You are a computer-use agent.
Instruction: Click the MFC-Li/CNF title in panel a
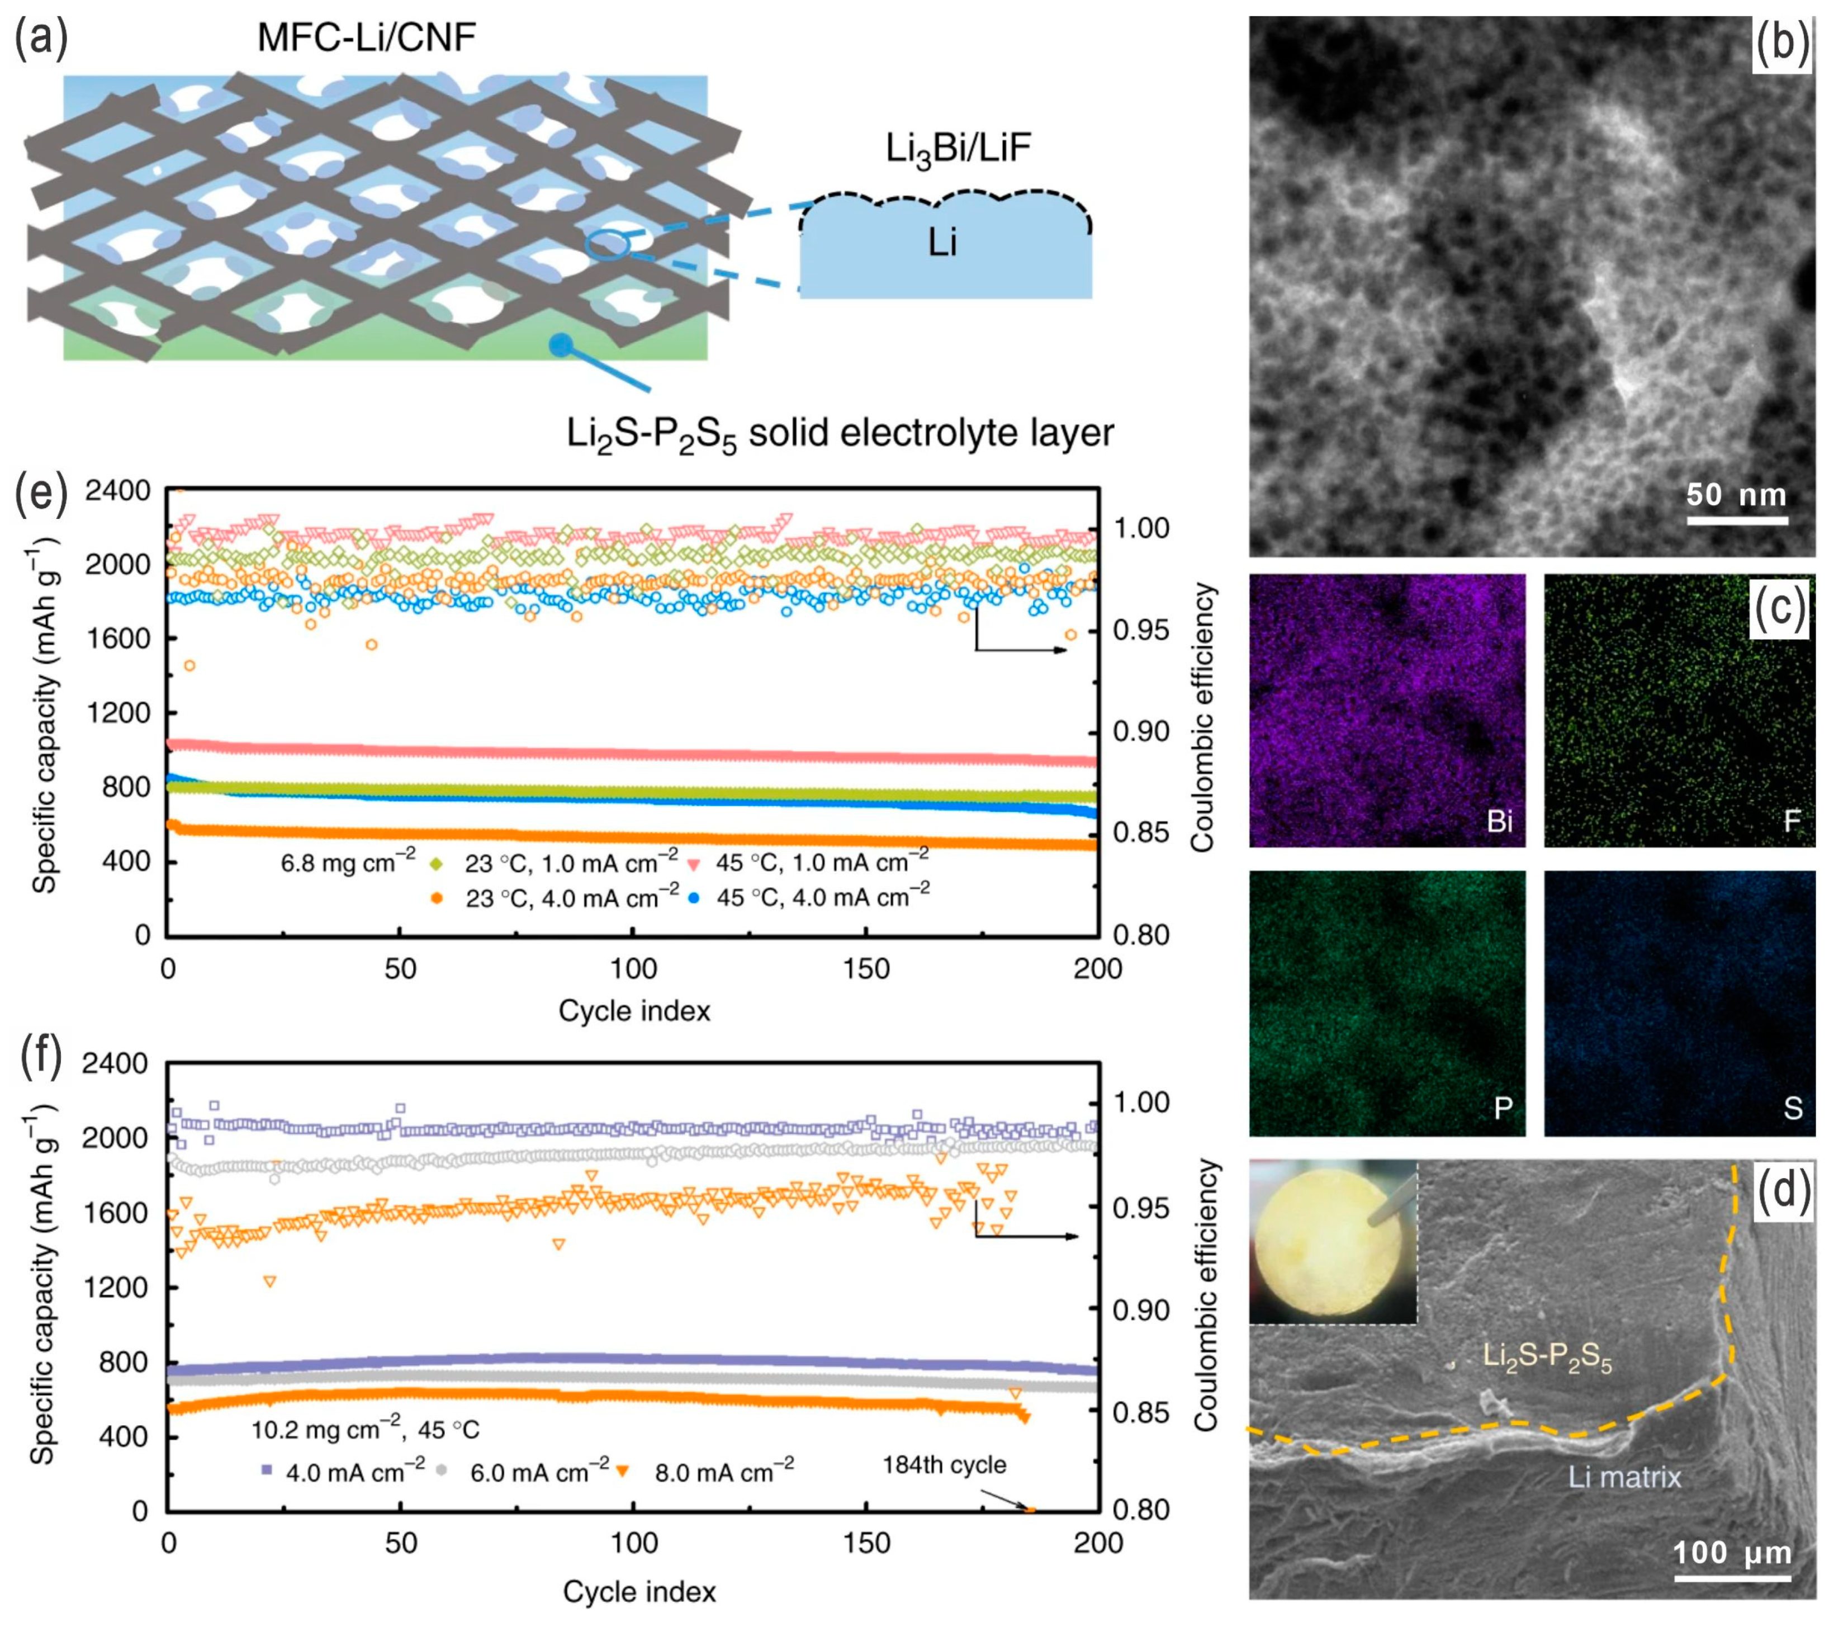(366, 37)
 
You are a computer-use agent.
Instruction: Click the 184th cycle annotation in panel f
(944, 1464)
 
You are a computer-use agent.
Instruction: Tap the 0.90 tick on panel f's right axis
(1141, 1309)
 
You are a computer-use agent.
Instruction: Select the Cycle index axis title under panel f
(639, 1591)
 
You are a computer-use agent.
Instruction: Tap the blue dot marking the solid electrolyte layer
(561, 344)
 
